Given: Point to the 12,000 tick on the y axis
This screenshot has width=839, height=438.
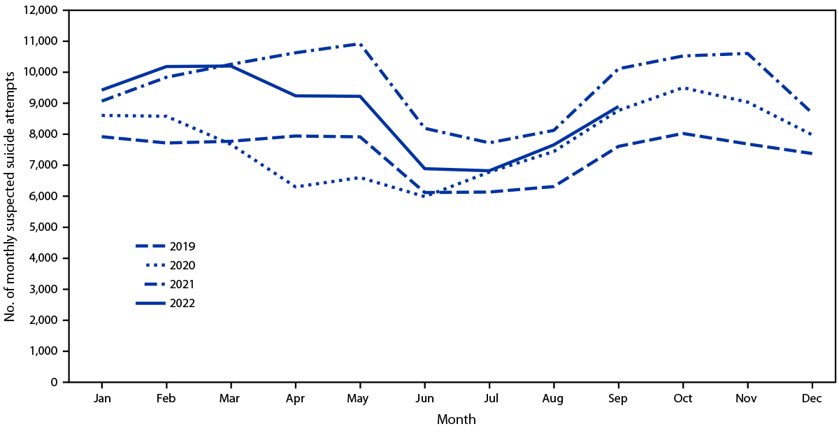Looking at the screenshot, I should (x=39, y=10).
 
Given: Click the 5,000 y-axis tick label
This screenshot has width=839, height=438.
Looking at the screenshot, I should (x=42, y=227).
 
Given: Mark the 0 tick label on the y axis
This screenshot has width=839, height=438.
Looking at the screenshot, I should (x=55, y=382).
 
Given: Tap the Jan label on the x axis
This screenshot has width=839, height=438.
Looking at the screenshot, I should (x=102, y=398).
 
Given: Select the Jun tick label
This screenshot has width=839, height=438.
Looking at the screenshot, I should (x=424, y=398).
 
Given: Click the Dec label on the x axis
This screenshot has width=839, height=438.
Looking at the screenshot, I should (x=812, y=398).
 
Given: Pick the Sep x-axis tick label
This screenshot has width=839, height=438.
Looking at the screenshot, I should (x=618, y=398).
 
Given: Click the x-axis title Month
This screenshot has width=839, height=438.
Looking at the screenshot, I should (x=456, y=420).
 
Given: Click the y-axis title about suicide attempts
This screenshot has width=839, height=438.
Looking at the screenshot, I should (x=10, y=197).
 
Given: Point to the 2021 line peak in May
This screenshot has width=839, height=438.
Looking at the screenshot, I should (x=360, y=43).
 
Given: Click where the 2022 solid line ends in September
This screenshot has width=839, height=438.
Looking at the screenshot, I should (x=618, y=107).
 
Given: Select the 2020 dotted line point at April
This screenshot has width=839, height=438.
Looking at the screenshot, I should (x=296, y=187).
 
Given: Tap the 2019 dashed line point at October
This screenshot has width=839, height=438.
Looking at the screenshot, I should (x=683, y=133).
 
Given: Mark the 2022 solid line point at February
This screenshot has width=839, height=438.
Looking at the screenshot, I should (x=166, y=66).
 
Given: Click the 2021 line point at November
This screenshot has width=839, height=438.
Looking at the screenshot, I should (x=747, y=53).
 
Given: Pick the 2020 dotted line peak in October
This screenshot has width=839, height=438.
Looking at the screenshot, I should (x=683, y=87).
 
